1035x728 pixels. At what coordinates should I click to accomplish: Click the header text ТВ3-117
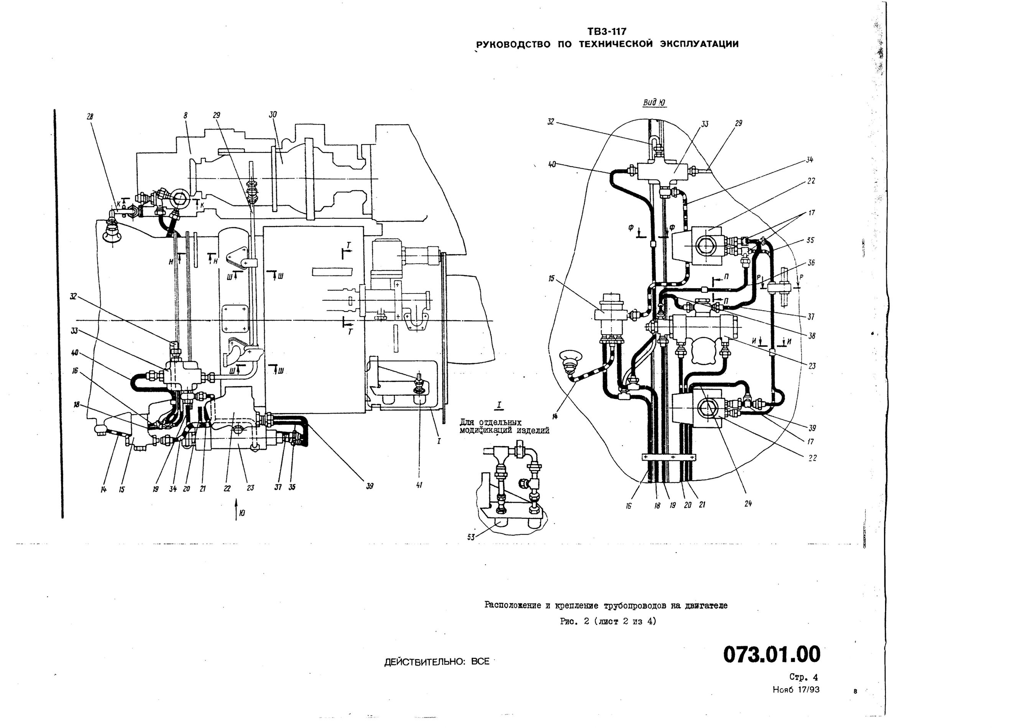607,31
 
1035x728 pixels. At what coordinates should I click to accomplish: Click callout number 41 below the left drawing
419,485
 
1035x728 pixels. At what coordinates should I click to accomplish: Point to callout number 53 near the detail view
471,538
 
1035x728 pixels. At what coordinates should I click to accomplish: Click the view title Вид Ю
654,103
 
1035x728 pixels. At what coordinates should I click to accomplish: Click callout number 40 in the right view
551,165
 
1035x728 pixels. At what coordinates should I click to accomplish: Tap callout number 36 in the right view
811,262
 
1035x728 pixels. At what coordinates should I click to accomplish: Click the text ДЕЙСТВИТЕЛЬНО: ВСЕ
436,662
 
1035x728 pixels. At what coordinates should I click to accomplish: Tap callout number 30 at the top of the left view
273,115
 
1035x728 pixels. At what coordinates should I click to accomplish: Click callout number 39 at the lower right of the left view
369,486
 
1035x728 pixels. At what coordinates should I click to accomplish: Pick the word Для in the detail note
468,423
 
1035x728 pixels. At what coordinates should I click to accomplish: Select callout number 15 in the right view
551,279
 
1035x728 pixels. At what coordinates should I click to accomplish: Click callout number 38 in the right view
811,336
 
